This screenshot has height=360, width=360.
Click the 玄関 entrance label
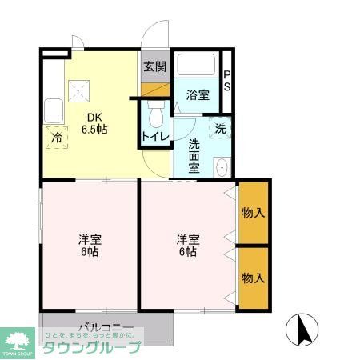tap(154, 67)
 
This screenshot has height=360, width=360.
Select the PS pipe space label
tap(227, 81)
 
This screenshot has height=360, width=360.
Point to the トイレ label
tap(154, 136)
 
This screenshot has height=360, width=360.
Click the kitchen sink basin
tap(54, 109)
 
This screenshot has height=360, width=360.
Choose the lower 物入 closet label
tap(253, 278)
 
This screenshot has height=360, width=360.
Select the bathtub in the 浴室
tap(197, 65)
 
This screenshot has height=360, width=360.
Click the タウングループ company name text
tap(92, 346)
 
